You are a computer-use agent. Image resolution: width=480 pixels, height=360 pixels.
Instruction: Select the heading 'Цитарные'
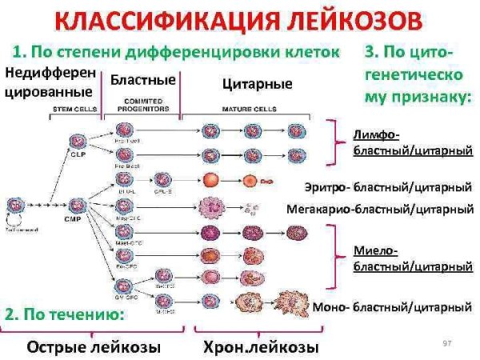[256, 83]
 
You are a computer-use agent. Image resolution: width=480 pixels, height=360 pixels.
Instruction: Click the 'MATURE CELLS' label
[254, 106]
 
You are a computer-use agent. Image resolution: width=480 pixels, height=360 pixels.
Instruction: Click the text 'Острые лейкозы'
[94, 347]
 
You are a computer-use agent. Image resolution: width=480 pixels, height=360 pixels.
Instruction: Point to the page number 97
[448, 343]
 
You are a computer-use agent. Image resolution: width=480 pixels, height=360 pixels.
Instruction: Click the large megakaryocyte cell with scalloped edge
[214, 209]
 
